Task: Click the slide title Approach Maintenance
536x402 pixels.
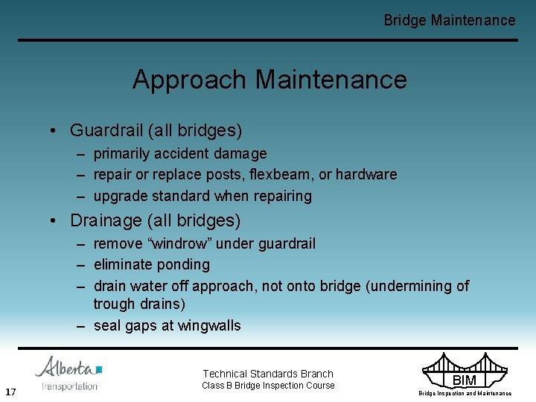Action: [269, 80]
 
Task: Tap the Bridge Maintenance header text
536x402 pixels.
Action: [449, 20]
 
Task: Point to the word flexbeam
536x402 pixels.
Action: [284, 174]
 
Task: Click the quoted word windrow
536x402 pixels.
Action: [179, 243]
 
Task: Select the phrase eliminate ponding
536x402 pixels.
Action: [152, 264]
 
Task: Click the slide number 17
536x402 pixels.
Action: [10, 392]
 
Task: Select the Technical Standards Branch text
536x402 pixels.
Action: [268, 374]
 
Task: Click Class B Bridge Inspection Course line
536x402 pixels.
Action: [268, 386]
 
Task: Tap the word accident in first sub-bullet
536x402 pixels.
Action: [180, 153]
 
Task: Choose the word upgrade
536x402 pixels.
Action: [120, 196]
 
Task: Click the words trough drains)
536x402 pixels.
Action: [139, 304]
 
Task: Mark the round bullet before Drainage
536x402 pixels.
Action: [56, 221]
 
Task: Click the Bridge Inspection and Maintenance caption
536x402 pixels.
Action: [465, 393]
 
